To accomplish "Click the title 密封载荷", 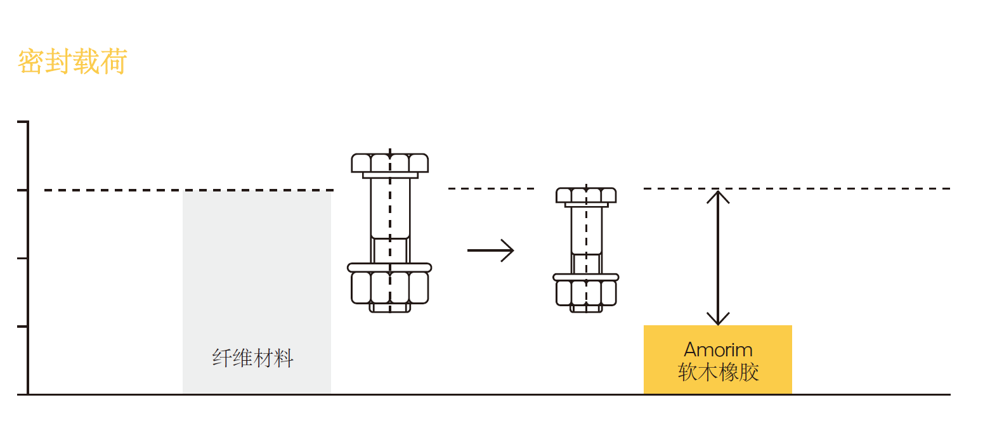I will point(72,62).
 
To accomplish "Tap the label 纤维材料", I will point(253,359).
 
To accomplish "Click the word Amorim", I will point(718,349).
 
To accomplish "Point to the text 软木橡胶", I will point(718,372).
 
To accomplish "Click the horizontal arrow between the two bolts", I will point(490,250).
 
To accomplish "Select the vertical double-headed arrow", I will point(718,257).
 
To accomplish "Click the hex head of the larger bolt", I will point(390,163).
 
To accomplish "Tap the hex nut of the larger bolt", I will point(390,287).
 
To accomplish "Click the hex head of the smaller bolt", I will point(586,195).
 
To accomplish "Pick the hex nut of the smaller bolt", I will point(586,292).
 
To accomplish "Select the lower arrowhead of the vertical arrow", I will point(718,319).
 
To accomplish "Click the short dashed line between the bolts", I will point(492,188).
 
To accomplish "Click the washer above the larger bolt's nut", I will point(390,268).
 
